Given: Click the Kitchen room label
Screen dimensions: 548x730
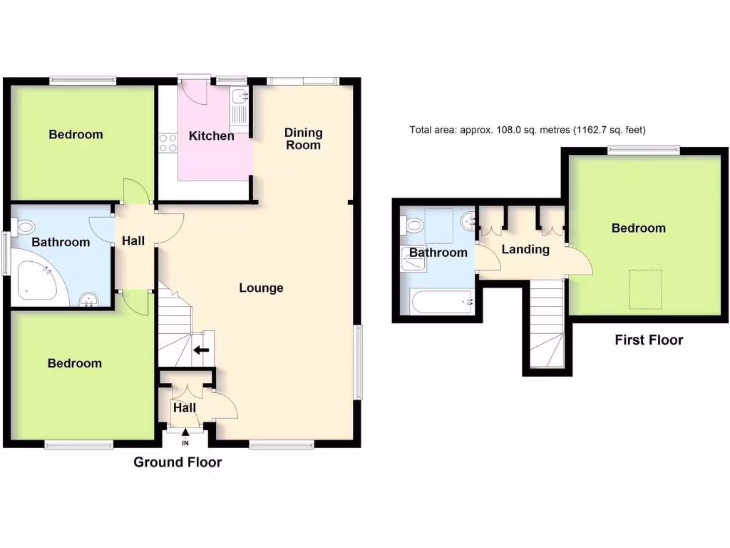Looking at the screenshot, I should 211,136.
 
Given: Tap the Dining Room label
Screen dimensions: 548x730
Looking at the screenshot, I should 303,138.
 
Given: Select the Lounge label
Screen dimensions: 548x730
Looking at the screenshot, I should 261,288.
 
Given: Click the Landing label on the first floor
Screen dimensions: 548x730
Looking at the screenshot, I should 525,249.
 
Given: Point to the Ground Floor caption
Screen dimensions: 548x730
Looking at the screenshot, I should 178,462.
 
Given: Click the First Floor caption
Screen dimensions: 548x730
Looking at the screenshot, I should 649,340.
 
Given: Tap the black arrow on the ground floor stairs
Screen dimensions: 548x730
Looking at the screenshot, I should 202,350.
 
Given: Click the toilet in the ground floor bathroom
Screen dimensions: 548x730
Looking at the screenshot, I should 24,227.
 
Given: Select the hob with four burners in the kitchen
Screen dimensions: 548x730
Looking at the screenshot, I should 168,143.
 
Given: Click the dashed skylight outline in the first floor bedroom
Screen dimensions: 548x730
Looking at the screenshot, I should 646,289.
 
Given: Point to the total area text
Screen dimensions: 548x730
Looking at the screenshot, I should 527,130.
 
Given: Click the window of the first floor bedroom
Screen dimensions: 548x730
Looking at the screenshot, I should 643,150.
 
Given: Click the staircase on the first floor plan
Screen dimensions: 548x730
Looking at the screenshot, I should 547,325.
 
